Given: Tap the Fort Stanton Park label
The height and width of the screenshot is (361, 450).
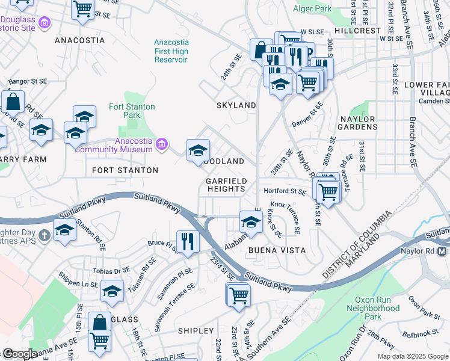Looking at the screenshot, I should point(132,111).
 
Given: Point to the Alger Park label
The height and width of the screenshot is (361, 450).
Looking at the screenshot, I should point(312,9).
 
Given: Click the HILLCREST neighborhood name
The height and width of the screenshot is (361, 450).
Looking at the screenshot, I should point(358,30).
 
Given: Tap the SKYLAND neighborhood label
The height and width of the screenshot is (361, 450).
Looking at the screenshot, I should point(236,105).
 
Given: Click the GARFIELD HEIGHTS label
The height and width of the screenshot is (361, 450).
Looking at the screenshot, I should point(226,185).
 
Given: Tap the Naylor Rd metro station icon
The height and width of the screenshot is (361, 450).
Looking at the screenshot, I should point(443,250).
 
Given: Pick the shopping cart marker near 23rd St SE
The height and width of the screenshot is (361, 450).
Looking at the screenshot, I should point(239,295).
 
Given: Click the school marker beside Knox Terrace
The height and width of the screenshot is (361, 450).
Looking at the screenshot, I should point(250,221).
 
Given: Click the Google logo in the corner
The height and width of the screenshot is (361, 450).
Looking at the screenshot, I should point(20,354).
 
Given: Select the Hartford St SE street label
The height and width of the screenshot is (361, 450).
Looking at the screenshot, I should point(286,191).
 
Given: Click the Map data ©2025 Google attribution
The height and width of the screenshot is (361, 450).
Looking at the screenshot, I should point(413,356).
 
